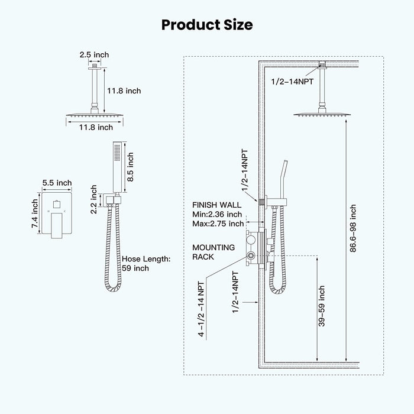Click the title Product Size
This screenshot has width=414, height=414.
coord(207,24)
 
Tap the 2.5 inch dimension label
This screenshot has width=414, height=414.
coord(94,55)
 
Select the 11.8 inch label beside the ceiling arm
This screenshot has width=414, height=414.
coord(124,90)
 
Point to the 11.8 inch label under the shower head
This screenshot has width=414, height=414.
coord(96,127)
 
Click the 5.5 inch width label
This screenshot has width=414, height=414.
coord(57,183)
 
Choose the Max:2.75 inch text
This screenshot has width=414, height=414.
coord(218,223)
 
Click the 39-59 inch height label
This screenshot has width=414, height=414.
coord(321,312)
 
